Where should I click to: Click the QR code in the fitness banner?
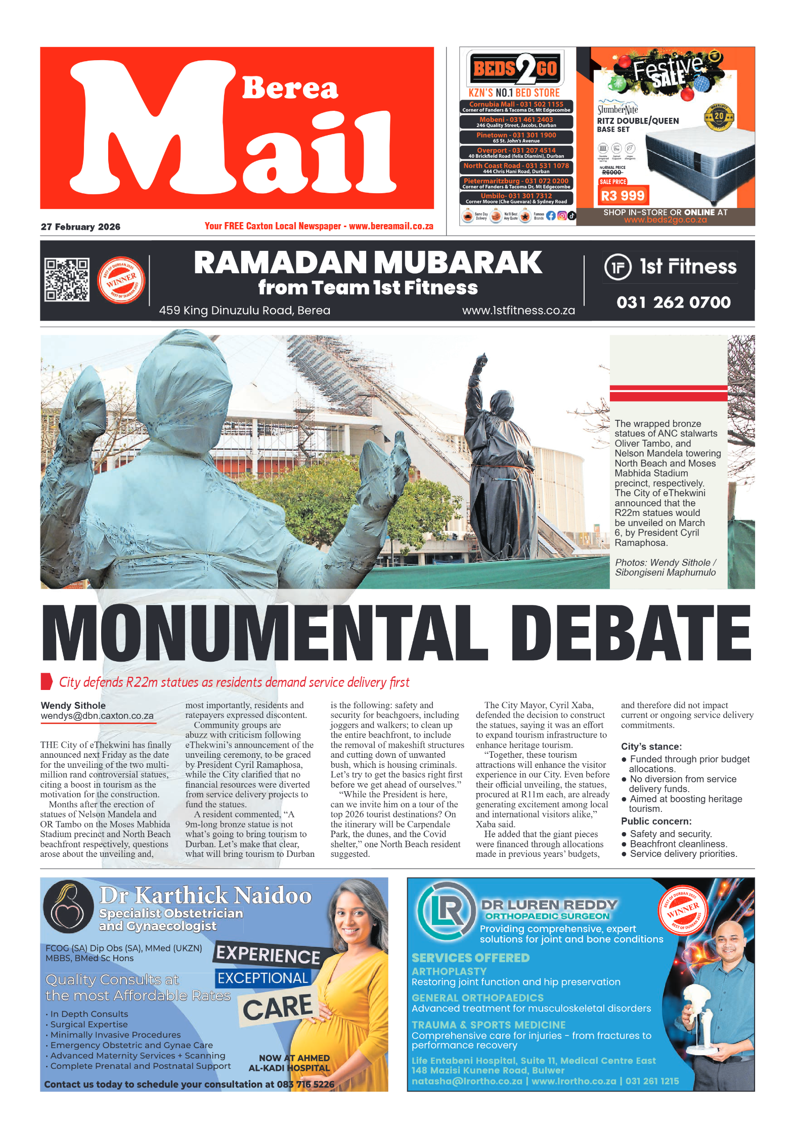click(67, 280)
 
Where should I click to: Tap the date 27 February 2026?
click(80, 227)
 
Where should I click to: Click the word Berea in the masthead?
click(290, 89)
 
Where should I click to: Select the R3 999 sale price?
click(623, 196)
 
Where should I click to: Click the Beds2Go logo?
click(515, 68)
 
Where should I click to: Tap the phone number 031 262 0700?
click(673, 302)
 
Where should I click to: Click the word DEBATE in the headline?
click(631, 634)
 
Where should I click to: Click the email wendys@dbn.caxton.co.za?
click(97, 716)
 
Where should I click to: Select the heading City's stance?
click(651, 747)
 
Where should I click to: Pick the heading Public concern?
click(656, 821)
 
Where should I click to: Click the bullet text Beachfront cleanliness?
click(678, 844)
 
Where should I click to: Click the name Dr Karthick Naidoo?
click(205, 895)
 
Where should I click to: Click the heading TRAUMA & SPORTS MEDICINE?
click(488, 1025)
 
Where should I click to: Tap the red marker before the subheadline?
click(47, 682)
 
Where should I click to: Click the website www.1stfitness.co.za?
click(518, 311)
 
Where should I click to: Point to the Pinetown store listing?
click(516, 137)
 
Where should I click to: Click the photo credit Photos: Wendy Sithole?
click(665, 562)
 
